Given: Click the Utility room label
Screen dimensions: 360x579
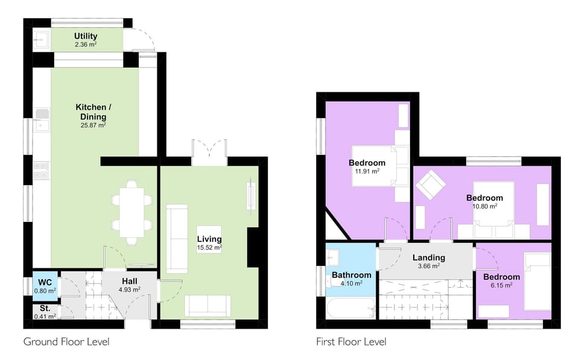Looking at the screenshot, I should [86, 36].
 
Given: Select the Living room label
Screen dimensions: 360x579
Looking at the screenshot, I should [209, 239].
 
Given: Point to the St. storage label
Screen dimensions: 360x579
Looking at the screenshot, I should [45, 308].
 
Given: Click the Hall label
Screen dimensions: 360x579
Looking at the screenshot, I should [129, 281].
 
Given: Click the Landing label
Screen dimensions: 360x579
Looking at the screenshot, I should [428, 257].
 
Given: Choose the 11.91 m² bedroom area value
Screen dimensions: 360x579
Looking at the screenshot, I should [367, 171].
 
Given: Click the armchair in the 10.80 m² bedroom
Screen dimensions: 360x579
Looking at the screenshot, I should [430, 184].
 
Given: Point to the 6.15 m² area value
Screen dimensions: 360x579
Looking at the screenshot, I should [501, 285].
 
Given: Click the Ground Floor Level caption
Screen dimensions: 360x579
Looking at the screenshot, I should [66, 342].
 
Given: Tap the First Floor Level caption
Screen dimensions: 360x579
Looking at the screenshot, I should [351, 342].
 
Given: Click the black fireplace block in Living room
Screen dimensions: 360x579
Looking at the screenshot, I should [254, 247].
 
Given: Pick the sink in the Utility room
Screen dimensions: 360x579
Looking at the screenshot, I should [41, 40].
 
